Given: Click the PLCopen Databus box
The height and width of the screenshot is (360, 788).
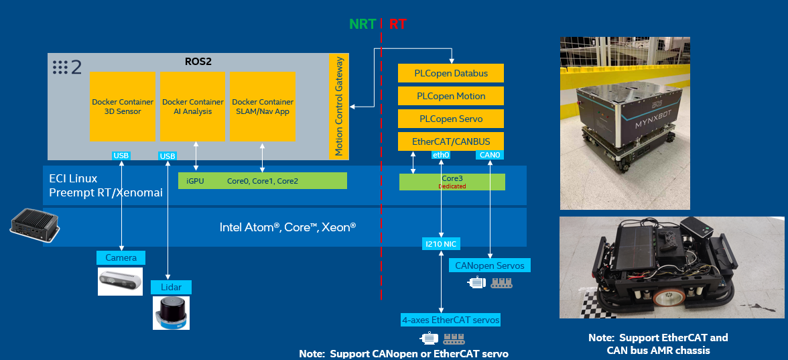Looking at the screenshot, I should coord(450,73).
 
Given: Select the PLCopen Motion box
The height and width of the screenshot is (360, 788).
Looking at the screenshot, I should coord(450,96).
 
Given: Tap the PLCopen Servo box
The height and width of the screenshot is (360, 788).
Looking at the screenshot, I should coord(450,119).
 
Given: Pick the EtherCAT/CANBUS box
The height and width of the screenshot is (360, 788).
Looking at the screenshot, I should coord(450,141).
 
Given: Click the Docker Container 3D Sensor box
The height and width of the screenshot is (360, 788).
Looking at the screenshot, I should coord(122,107).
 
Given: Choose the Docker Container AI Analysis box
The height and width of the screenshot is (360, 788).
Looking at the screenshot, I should coord(193,107).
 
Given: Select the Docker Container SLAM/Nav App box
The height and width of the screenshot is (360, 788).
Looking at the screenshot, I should coord(263,107).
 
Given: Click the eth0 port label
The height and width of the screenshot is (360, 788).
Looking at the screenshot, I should coord(441,156).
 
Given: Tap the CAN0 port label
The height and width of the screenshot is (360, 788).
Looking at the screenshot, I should coord(490,156).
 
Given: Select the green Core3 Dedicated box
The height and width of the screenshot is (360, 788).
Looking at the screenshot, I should coord(452,182).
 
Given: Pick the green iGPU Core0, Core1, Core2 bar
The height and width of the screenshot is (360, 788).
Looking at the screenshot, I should coord(263,181).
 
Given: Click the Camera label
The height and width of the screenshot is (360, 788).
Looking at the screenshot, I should coord(121,257).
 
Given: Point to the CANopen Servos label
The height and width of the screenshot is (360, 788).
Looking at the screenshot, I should coord(489,265).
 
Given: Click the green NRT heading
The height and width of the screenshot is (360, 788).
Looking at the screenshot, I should coord(363,25).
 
